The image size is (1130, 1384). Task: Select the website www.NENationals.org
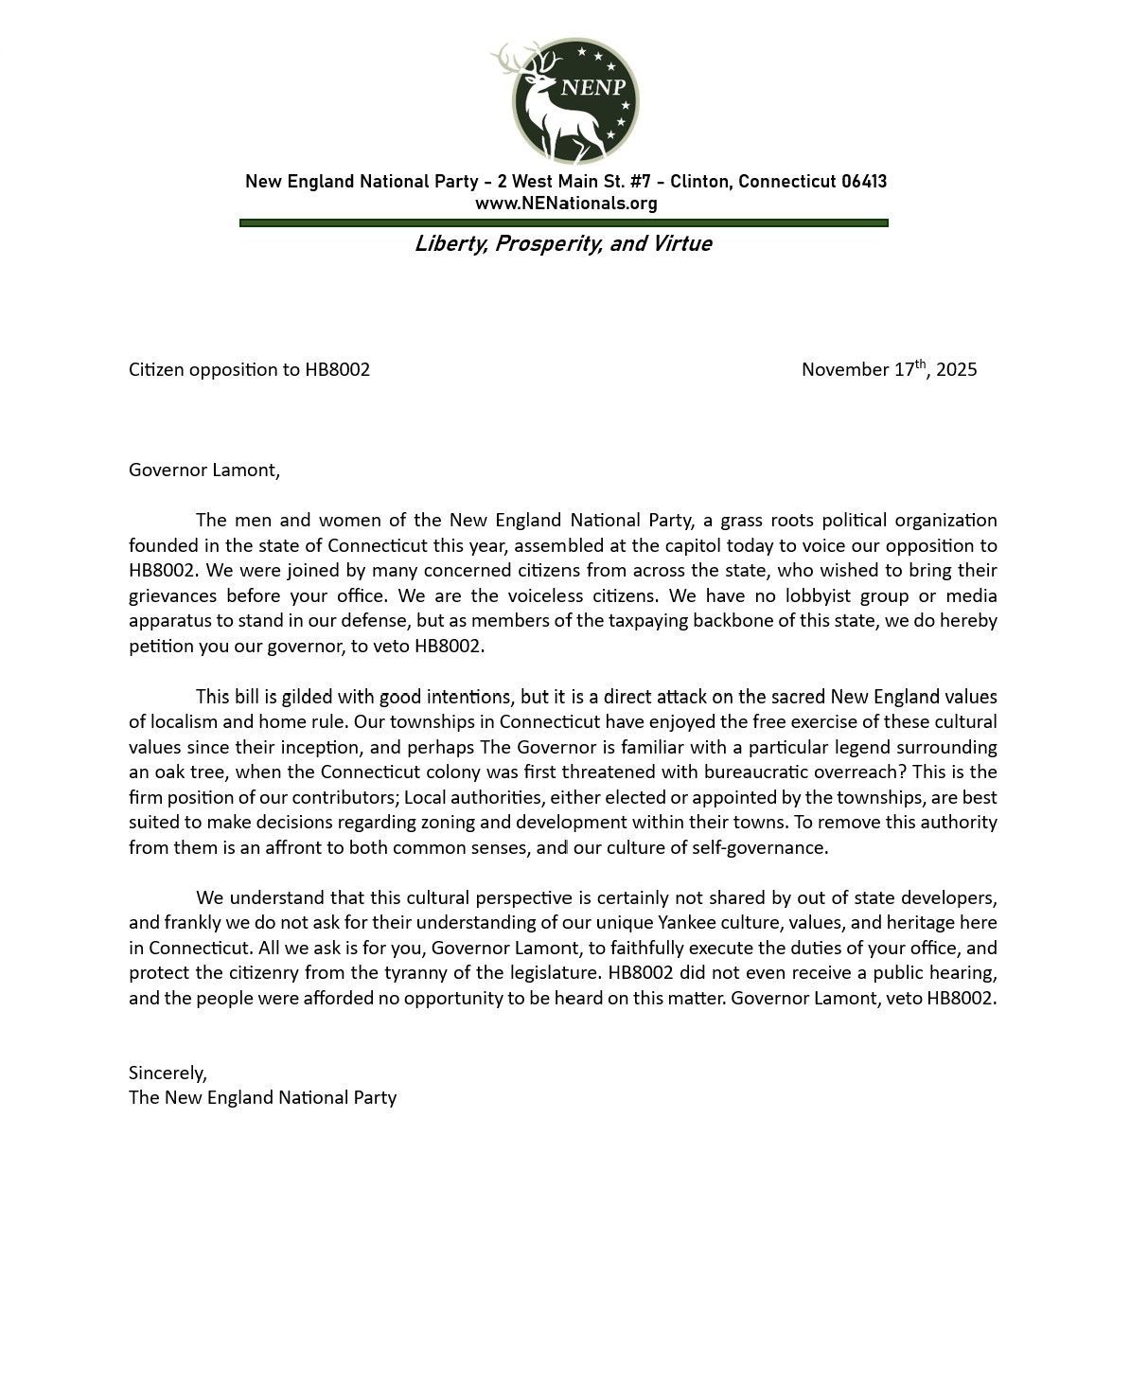(566, 204)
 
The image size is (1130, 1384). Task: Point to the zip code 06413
(864, 181)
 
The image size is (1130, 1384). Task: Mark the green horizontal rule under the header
(564, 223)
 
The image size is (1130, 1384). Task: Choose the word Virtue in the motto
(680, 244)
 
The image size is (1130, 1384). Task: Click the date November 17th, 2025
(889, 369)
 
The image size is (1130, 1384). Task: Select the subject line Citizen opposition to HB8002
(249, 369)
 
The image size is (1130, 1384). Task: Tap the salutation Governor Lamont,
(204, 470)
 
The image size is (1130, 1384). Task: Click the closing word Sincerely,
(168, 1073)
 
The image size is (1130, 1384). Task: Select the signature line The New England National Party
(262, 1098)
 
